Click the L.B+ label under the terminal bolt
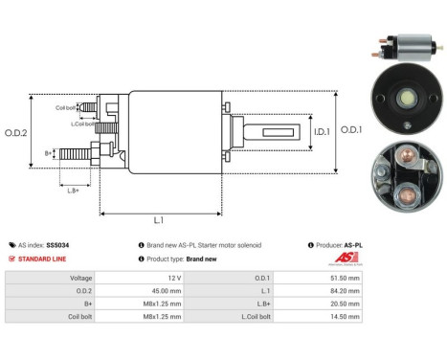click(x=72, y=191)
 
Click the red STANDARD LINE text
click(x=46, y=259)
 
